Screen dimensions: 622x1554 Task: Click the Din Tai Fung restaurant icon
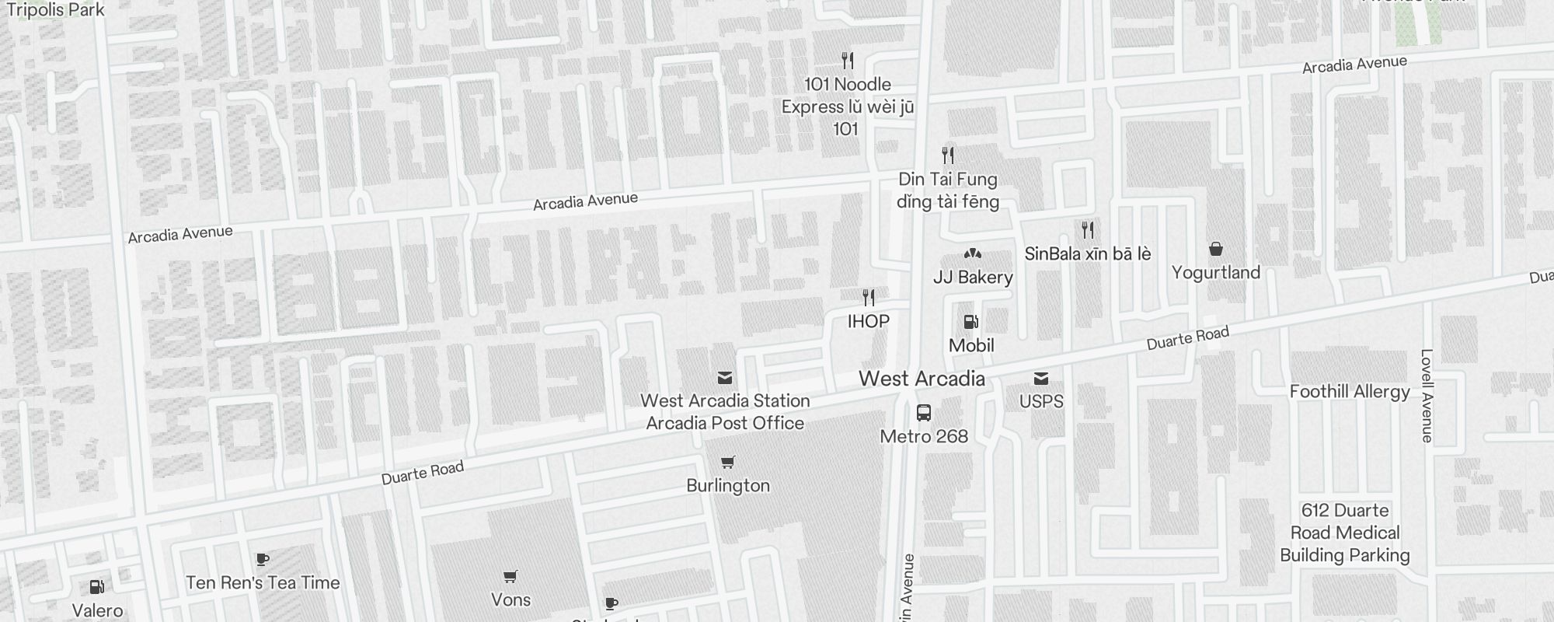pyautogui.click(x=947, y=155)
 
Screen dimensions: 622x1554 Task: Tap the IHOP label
pyautogui.click(x=868, y=321)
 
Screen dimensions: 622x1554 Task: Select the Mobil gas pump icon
pyautogui.click(x=970, y=321)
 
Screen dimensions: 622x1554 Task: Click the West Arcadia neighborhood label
pyautogui.click(x=922, y=379)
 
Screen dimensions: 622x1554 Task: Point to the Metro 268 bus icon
pyautogui.click(x=923, y=413)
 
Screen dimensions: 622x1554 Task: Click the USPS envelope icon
pyautogui.click(x=1041, y=379)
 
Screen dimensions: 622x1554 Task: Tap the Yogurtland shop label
pyautogui.click(x=1215, y=272)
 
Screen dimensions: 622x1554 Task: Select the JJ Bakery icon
pyautogui.click(x=972, y=253)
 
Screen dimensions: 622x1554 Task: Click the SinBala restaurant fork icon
pyautogui.click(x=1088, y=230)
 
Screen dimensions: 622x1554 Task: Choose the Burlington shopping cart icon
pyautogui.click(x=727, y=463)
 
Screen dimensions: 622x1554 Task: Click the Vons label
pyautogui.click(x=510, y=599)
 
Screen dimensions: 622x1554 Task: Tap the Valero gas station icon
pyautogui.click(x=97, y=587)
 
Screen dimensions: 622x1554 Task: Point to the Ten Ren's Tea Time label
pyautogui.click(x=263, y=582)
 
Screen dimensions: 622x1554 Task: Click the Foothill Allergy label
pyautogui.click(x=1350, y=391)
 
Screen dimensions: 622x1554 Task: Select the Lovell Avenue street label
pyautogui.click(x=1426, y=396)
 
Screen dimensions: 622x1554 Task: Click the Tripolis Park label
pyautogui.click(x=55, y=10)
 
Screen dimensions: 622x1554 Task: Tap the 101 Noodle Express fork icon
pyautogui.click(x=848, y=61)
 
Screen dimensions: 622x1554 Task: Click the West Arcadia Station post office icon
pyautogui.click(x=724, y=379)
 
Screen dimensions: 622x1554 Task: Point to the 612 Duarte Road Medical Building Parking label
pyautogui.click(x=1344, y=533)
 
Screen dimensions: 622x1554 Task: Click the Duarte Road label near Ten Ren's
pyautogui.click(x=422, y=473)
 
